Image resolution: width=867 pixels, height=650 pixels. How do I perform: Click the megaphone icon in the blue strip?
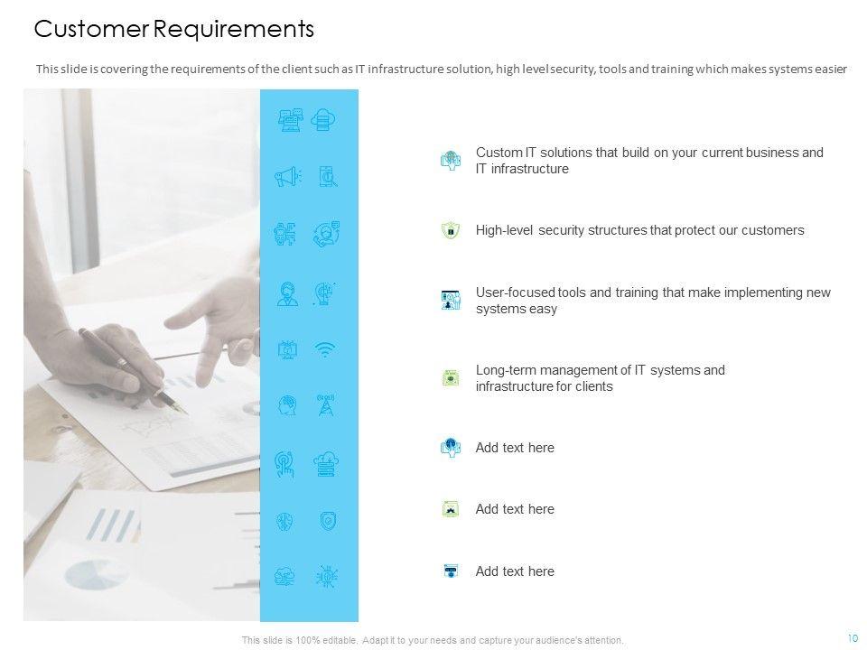287,177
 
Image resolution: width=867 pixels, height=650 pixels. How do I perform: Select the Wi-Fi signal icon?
325,349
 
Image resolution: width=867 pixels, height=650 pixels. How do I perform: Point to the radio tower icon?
326,405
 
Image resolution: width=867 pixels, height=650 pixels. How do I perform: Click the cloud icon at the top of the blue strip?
323,120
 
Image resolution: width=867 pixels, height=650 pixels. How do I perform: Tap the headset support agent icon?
287,294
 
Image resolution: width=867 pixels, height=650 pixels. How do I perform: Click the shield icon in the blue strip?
328,521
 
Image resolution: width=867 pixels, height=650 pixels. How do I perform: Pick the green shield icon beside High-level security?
451,230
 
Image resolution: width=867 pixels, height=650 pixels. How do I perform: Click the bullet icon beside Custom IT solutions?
451,161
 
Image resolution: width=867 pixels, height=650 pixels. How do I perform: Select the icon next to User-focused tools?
451,300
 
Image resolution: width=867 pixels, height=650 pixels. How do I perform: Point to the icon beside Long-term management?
451,378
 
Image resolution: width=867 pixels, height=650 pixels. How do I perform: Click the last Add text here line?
515,571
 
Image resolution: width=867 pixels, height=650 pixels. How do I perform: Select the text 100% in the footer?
307,641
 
